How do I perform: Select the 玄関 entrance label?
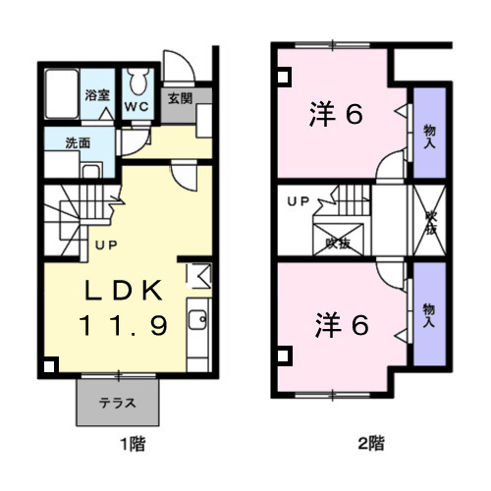180,97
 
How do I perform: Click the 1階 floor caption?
133,444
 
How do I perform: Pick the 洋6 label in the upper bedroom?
339,114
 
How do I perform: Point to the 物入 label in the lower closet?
428,314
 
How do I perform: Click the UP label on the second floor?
298,202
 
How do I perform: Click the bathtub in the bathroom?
64,95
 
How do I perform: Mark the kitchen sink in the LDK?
195,320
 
